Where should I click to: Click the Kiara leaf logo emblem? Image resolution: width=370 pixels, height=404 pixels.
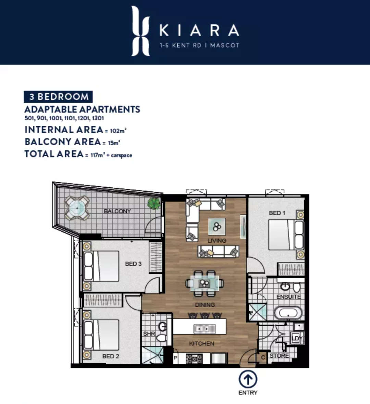(x=140, y=31)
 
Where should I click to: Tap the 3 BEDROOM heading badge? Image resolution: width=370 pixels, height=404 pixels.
(x=58, y=97)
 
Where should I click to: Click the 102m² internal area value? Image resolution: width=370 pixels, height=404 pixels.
(x=118, y=131)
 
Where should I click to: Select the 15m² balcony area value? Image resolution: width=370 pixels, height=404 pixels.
(x=114, y=143)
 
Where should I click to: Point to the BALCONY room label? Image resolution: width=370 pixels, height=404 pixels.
(x=117, y=211)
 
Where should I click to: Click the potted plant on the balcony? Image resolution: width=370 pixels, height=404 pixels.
(x=154, y=203)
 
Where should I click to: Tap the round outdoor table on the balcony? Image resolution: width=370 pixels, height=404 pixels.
(x=77, y=208)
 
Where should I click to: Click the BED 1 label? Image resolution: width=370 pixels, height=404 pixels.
(x=277, y=213)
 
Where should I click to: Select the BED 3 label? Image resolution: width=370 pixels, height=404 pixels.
(x=133, y=264)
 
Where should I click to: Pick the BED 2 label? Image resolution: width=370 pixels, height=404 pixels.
(x=111, y=356)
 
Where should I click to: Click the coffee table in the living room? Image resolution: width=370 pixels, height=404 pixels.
(x=217, y=227)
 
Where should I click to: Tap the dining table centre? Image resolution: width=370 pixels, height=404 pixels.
(x=205, y=283)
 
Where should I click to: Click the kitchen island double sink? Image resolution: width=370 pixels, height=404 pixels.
(x=205, y=329)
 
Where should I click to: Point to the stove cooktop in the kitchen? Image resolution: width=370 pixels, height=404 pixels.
(x=194, y=359)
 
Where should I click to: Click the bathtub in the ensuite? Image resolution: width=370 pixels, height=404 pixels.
(x=288, y=312)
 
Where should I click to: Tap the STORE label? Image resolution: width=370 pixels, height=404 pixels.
(x=279, y=356)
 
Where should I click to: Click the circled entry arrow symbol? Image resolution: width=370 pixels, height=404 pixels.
(x=248, y=379)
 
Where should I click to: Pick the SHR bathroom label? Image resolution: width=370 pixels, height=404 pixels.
(x=149, y=334)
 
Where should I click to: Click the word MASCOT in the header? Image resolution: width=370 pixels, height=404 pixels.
(x=225, y=45)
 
